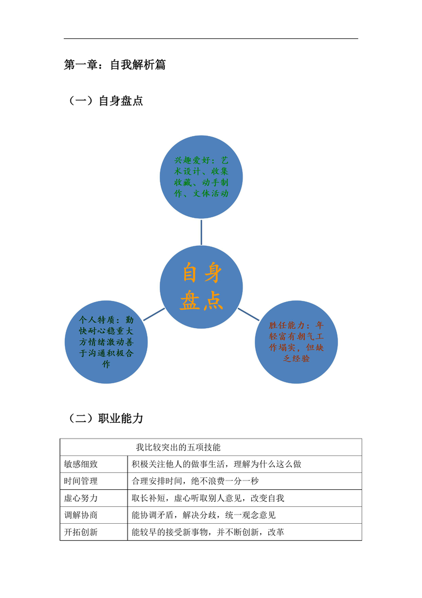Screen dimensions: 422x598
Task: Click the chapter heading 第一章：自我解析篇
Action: coord(114,65)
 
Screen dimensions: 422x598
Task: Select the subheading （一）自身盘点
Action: coord(106,100)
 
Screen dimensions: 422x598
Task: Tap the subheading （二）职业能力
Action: coord(106,418)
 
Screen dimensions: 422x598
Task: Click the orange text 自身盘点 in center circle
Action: coord(201,286)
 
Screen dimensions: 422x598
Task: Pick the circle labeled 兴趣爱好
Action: coord(201,177)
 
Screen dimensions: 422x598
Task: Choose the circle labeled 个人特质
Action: coord(106,342)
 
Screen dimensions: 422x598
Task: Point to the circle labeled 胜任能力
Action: coord(296,342)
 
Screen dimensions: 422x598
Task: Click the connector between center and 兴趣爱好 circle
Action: coord(201,232)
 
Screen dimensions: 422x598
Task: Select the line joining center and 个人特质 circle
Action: coord(154,314)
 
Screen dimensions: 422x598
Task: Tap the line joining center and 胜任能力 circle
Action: coord(248,314)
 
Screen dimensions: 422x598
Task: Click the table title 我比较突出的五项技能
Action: coord(178,447)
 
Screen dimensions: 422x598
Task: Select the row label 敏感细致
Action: coord(81,464)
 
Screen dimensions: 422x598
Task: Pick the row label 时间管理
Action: coord(81,481)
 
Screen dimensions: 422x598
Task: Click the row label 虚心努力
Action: coord(81,498)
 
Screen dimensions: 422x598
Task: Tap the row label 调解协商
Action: coord(81,515)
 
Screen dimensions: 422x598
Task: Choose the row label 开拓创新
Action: coord(81,532)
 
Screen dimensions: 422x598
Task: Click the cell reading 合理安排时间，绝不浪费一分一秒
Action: coord(195,481)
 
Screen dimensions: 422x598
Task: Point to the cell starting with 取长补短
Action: coord(208,498)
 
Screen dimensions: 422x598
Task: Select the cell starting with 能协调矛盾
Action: coord(204,515)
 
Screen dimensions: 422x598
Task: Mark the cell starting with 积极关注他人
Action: coord(216,464)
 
